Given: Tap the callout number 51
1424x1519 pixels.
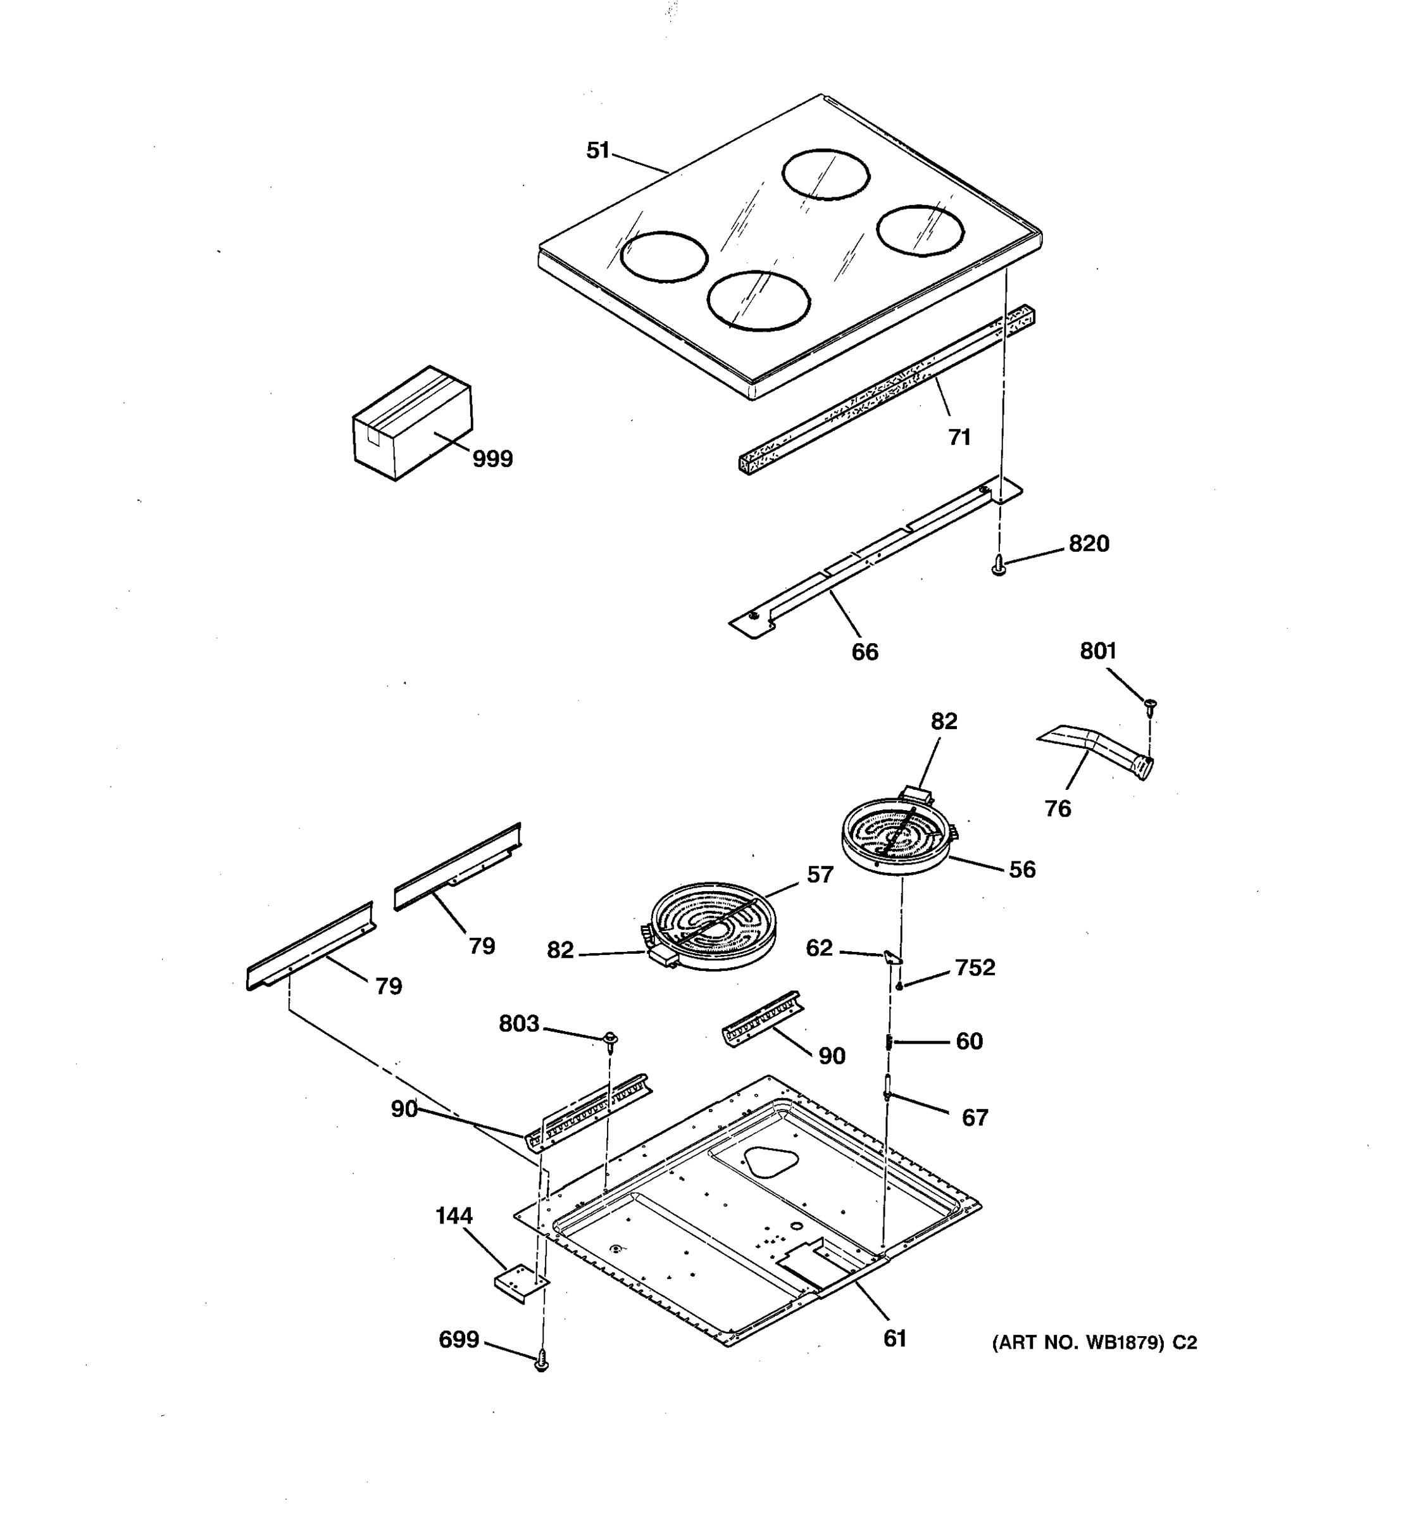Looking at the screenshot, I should tap(597, 151).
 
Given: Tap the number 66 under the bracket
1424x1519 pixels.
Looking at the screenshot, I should tap(865, 652).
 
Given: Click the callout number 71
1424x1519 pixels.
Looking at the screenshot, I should tap(959, 437).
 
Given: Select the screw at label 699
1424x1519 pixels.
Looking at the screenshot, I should tap(541, 1360).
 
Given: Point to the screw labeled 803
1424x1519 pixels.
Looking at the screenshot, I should tap(610, 1040).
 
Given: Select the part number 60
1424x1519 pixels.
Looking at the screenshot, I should tap(969, 1041).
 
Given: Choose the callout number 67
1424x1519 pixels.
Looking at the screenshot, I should tap(974, 1118).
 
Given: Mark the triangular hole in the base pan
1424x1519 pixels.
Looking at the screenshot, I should tap(771, 1161).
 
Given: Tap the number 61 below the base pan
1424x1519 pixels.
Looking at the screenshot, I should tap(894, 1338).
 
